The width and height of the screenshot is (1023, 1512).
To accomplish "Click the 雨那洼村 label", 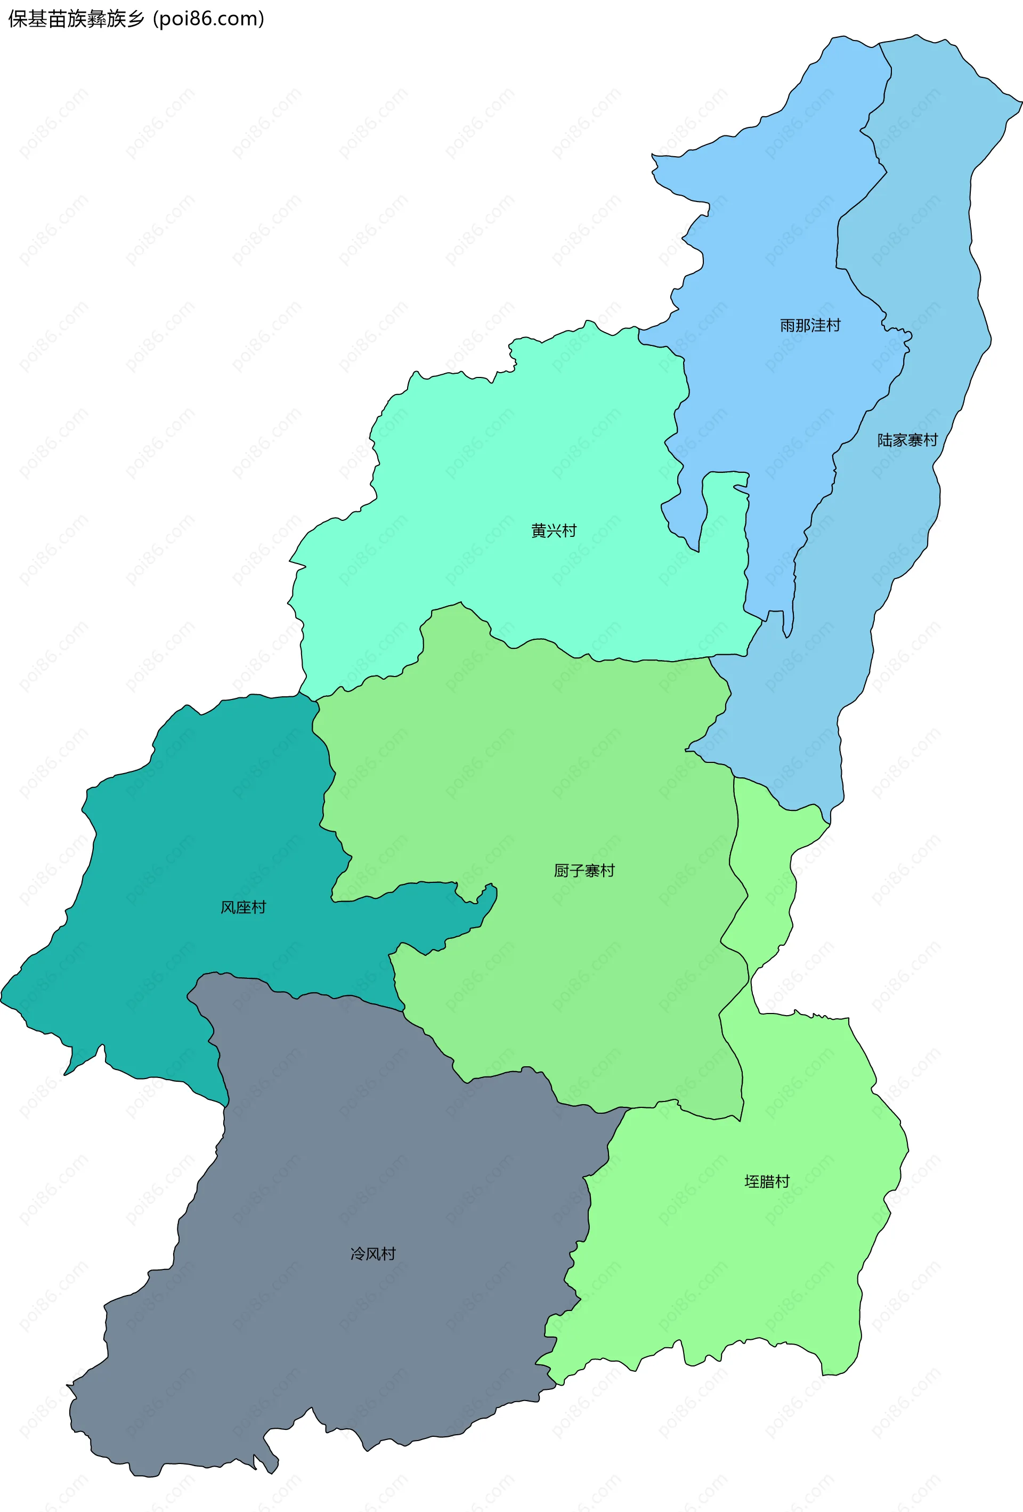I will pos(810,325).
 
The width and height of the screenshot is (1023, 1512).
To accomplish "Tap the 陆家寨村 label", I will pos(907,440).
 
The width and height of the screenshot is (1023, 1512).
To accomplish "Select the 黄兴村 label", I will pos(554,531).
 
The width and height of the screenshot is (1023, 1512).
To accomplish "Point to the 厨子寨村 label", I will pos(584,871).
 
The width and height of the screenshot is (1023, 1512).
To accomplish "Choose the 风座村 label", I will pos(243,907).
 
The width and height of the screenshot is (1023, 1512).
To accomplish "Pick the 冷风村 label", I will pos(372,1254).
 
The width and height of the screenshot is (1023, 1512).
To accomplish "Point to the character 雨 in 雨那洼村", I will pos(787,325).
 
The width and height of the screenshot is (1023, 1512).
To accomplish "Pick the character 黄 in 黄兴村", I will pos(539,531).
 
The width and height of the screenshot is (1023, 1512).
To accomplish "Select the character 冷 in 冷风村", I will pos(358,1254).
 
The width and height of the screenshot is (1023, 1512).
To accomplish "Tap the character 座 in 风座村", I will pos(243,907).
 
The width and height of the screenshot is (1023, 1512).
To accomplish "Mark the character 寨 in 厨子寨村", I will pos(592,871).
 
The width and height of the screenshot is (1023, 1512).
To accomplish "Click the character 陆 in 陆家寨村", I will pos(884,440).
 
